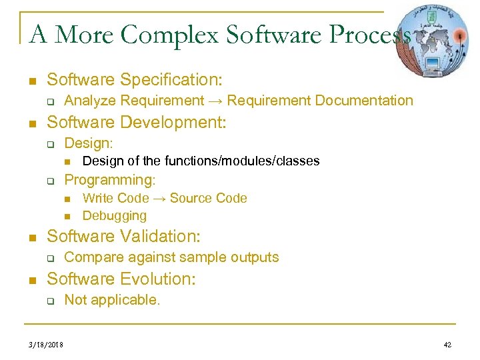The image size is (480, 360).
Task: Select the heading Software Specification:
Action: (134, 80)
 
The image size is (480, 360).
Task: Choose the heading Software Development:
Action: (137, 123)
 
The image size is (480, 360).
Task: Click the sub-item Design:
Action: (89, 143)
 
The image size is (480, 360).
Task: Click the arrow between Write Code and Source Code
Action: (159, 198)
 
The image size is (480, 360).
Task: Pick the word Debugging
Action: (114, 215)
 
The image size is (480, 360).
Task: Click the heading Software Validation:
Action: (123, 236)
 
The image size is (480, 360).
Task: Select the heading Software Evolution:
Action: (121, 279)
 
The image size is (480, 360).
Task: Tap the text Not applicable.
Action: (112, 300)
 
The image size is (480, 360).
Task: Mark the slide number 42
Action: (447, 345)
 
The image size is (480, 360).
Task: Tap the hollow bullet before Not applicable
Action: (50, 301)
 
